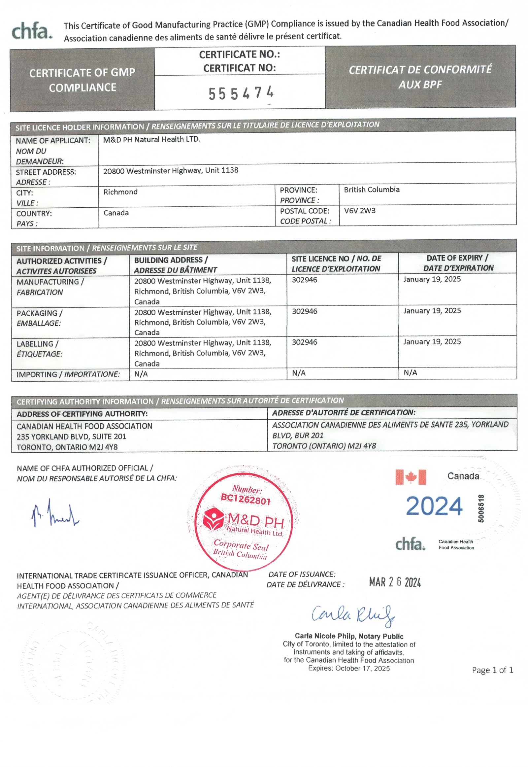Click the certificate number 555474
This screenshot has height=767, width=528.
[241, 93]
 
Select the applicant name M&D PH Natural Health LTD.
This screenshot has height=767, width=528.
[151, 139]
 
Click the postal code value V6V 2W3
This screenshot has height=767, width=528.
[360, 211]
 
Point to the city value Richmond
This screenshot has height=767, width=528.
[120, 192]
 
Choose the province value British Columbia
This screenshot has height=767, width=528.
[372, 190]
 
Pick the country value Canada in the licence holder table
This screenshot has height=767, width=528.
[116, 213]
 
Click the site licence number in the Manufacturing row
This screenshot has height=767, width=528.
[304, 280]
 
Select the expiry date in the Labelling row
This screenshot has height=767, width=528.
[432, 342]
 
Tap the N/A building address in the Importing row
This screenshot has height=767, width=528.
[141, 374]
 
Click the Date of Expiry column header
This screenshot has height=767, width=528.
[458, 263]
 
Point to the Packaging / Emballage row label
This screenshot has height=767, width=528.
[39, 318]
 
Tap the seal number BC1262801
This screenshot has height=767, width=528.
[246, 499]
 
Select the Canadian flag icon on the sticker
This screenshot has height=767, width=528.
[411, 477]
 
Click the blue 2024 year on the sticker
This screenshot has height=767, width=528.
[434, 506]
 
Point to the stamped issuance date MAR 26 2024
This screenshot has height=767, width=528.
[395, 582]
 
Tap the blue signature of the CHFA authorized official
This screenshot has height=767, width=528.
[54, 514]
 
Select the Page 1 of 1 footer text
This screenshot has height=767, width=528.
[492, 670]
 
